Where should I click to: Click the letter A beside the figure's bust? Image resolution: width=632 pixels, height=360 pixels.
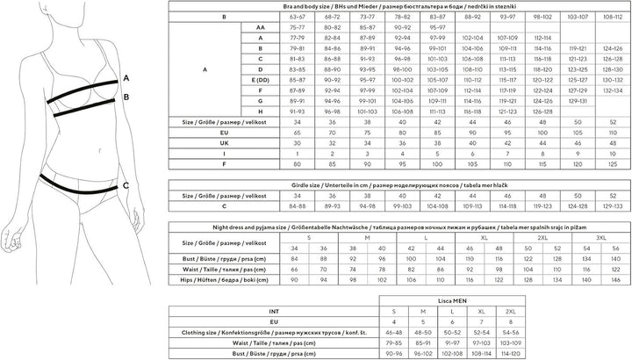[x=126, y=78]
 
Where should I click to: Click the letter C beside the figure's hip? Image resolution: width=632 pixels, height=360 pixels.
[x=126, y=185]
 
